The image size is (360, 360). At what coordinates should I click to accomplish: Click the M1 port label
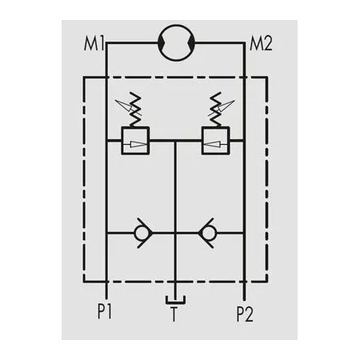(94, 44)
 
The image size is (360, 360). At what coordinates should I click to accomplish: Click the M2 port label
(261, 44)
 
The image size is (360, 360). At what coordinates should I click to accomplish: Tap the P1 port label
(105, 311)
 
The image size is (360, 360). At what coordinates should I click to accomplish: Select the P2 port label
(245, 314)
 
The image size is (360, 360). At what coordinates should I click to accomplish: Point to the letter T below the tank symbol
(174, 314)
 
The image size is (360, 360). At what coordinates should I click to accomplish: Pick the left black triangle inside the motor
(161, 42)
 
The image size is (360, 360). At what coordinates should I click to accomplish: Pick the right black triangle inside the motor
(192, 42)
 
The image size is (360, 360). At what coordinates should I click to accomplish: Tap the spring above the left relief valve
(135, 110)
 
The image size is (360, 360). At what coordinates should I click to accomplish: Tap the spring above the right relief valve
(215, 110)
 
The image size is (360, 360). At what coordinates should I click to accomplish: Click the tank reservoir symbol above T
(175, 302)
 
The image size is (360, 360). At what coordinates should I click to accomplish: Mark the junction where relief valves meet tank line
(175, 140)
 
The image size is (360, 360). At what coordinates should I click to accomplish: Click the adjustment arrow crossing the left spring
(128, 107)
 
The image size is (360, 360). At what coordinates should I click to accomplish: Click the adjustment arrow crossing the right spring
(222, 108)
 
